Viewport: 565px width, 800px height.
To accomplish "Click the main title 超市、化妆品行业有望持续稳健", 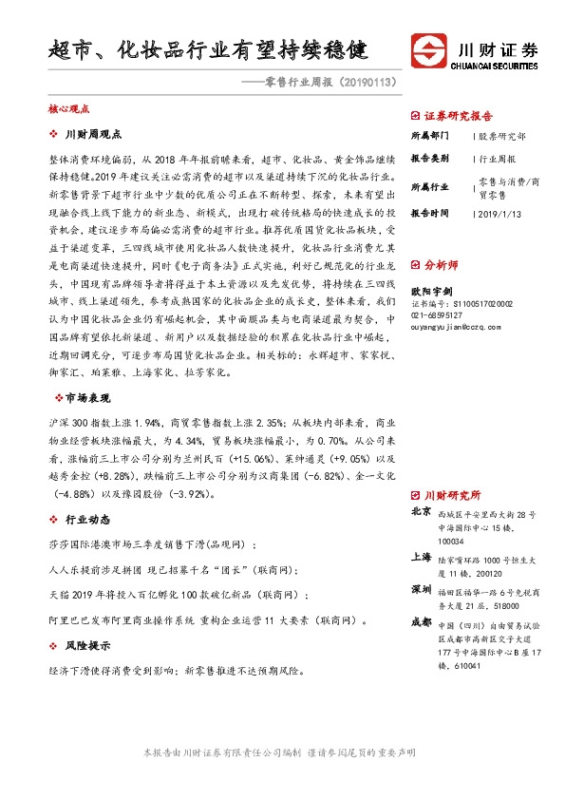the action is click(208, 48).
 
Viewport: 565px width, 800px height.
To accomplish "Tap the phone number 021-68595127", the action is click(436, 314).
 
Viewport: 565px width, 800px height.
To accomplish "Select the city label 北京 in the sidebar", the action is click(420, 511).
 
